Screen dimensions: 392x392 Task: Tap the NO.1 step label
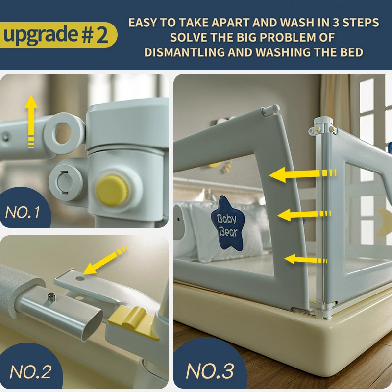pos(23,212)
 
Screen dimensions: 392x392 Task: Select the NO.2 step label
pos(30,372)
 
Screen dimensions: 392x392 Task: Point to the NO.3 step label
pos(210,371)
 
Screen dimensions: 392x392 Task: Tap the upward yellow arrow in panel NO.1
pos(31,122)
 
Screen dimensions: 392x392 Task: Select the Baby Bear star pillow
pos(227,224)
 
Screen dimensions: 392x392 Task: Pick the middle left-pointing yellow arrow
pos(304,215)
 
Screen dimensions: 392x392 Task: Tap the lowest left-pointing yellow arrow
pos(306,260)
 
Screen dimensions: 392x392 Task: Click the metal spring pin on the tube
pos(51,298)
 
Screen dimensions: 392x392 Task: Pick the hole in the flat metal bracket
pos(80,278)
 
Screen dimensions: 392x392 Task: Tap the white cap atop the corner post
pos(323,122)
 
